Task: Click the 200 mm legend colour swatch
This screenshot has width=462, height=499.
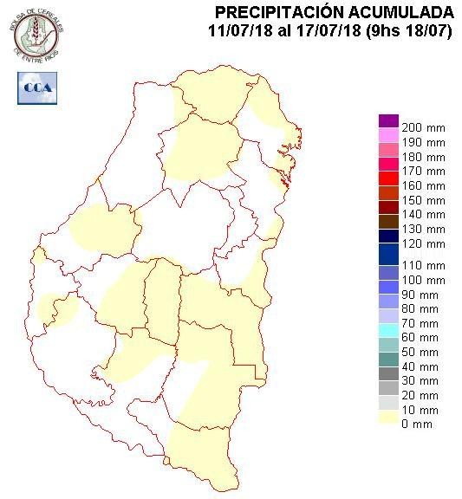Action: [388, 121]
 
